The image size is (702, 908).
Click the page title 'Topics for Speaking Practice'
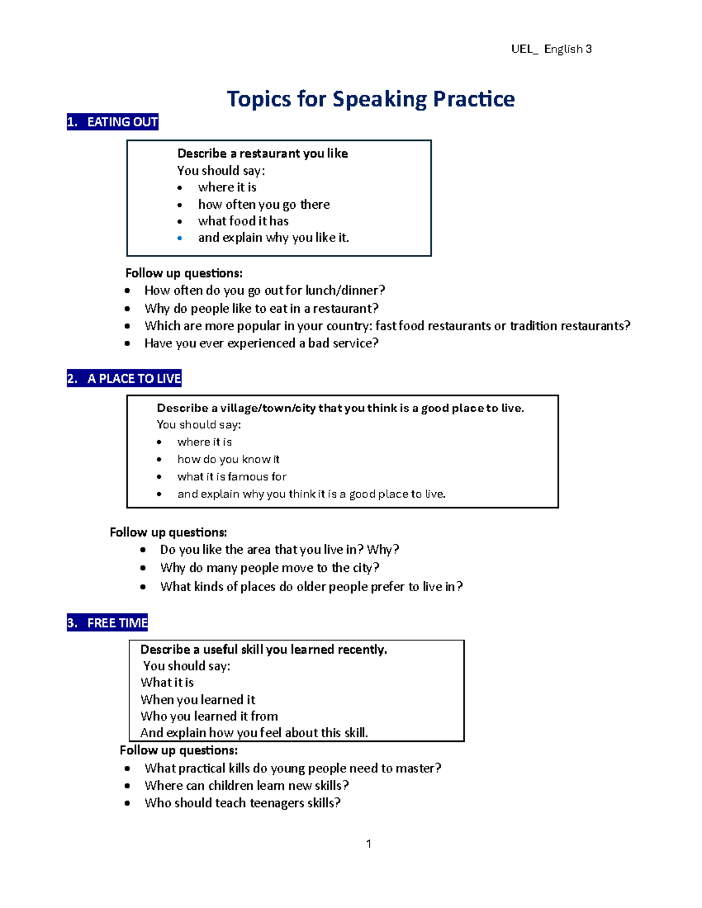click(x=370, y=99)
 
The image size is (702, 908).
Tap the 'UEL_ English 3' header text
click(x=551, y=49)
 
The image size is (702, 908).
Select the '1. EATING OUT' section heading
click(x=112, y=122)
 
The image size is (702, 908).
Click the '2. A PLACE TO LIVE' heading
click(x=124, y=378)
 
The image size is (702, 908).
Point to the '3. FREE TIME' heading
click(x=108, y=623)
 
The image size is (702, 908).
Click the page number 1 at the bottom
click(x=369, y=843)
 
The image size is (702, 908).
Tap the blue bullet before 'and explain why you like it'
click(x=180, y=238)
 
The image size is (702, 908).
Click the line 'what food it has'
click(x=243, y=221)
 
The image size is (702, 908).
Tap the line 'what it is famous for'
click(x=232, y=477)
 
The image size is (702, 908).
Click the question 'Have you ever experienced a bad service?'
click(x=261, y=343)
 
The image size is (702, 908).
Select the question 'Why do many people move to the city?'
click(x=269, y=568)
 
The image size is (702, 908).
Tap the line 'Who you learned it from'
click(x=209, y=716)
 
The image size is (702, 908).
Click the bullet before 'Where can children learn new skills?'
click(x=127, y=786)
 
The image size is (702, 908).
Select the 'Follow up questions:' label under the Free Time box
click(x=178, y=750)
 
